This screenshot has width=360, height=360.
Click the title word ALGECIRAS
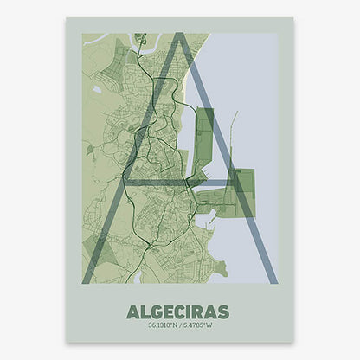point(177,311)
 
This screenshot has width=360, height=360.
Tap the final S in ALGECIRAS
point(222,311)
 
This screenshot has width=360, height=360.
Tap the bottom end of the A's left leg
point(87,279)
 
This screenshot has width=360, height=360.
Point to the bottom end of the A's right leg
point(272,279)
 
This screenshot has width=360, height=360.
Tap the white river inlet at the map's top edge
point(140,38)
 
